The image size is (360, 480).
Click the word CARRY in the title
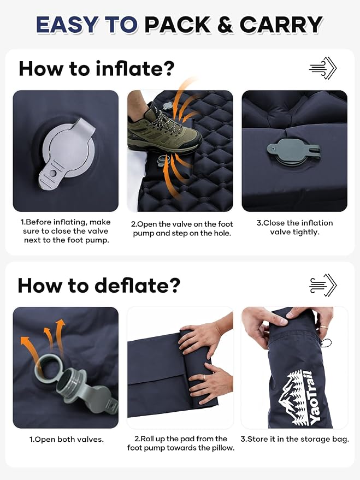point(281,25)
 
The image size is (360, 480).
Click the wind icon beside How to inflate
point(323,68)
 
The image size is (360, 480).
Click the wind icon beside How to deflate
point(323,285)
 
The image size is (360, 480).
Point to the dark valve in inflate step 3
point(293,153)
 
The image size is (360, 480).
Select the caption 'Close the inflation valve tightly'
point(294,228)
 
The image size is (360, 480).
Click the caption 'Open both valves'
point(67,439)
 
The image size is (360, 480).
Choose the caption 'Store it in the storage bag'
point(294,439)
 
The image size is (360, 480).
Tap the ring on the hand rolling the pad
point(204,378)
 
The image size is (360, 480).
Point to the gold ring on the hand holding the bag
point(323,327)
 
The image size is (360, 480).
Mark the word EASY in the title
point(67,25)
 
